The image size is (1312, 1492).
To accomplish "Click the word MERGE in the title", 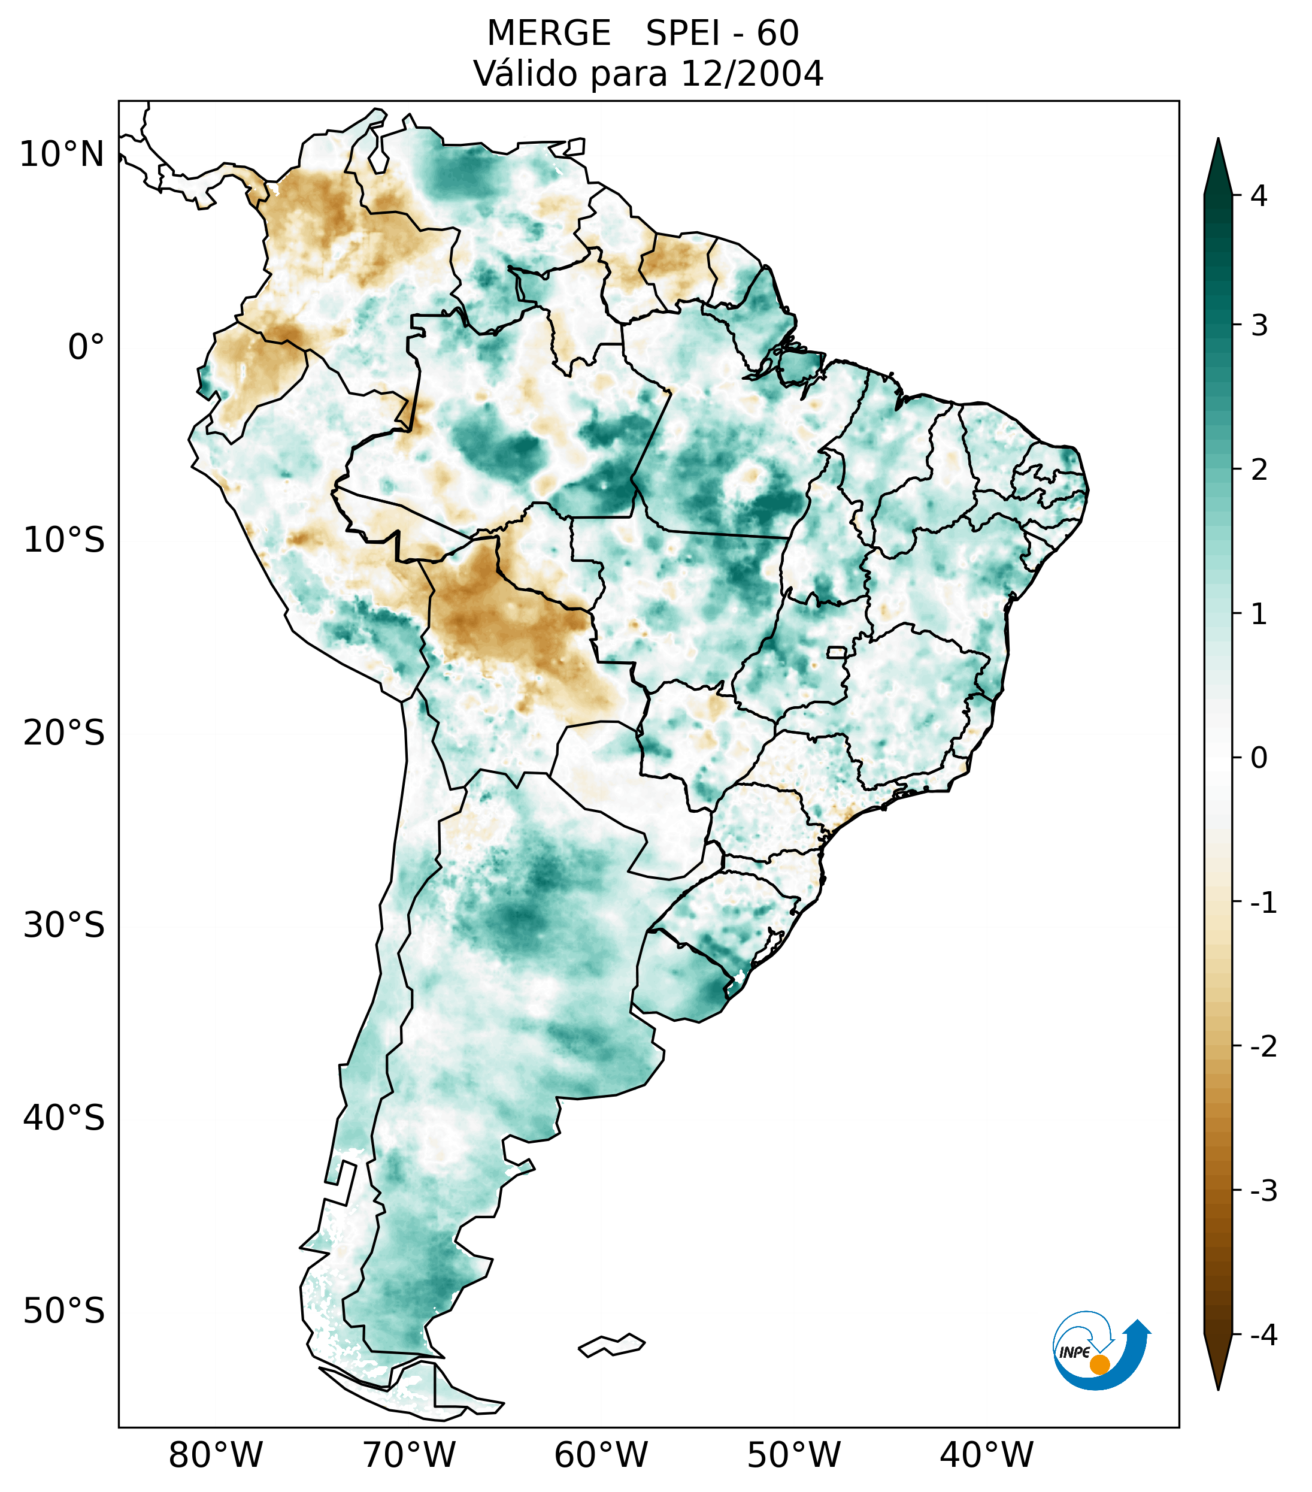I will coord(549,34).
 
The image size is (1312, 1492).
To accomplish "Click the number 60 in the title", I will coord(778,34).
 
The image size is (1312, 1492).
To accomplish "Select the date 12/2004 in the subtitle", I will coord(752,74).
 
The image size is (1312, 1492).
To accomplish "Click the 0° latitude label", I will coord(86,347).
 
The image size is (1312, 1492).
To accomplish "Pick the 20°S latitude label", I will coord(64,733).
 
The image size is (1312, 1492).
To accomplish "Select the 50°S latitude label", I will coord(64,1311).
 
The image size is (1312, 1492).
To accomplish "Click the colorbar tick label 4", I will coord(1259,196).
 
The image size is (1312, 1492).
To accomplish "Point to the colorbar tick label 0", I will coord(1259,758).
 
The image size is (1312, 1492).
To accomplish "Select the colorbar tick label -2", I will coord(1263,1047).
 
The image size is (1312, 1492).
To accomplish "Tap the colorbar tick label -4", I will coord(1263,1335).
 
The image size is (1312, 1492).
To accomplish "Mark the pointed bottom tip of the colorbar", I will coord(1217,1388).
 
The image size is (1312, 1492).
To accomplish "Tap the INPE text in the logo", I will coord(1075,1352).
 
